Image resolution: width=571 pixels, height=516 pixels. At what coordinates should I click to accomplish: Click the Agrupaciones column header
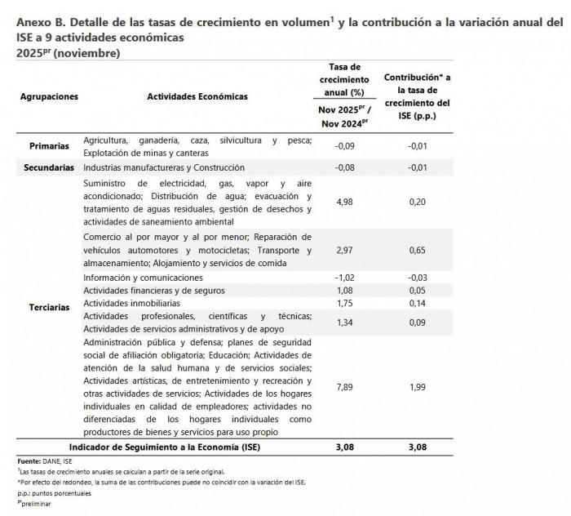(x=50, y=96)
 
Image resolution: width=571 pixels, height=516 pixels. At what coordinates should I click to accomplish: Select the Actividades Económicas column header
(x=197, y=96)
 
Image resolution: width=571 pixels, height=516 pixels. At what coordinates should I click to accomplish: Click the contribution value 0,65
(x=418, y=251)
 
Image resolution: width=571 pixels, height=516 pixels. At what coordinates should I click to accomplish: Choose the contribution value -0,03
(x=418, y=278)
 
